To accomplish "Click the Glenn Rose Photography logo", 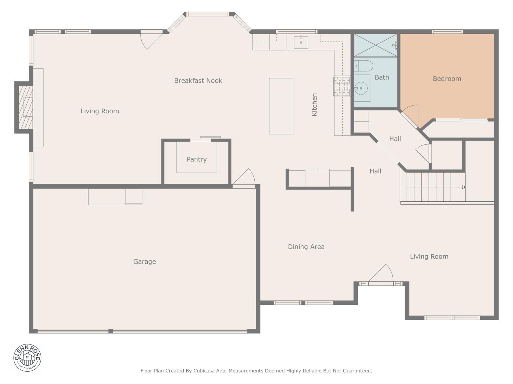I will point(27,358).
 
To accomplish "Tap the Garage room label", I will point(144,262).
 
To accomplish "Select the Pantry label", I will point(197,159).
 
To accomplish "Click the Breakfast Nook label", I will point(198,81).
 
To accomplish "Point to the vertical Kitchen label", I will point(314,105).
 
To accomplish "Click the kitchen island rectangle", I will point(281,106).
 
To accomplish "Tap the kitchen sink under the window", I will point(301,42).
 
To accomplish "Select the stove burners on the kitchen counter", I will point(341,86).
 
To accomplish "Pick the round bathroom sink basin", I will point(361,88).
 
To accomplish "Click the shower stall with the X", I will point(375,45).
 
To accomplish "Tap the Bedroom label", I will point(447,79).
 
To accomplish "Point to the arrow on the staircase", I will point(463,187).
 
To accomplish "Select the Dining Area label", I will point(306,247).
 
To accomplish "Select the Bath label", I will point(382,77).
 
